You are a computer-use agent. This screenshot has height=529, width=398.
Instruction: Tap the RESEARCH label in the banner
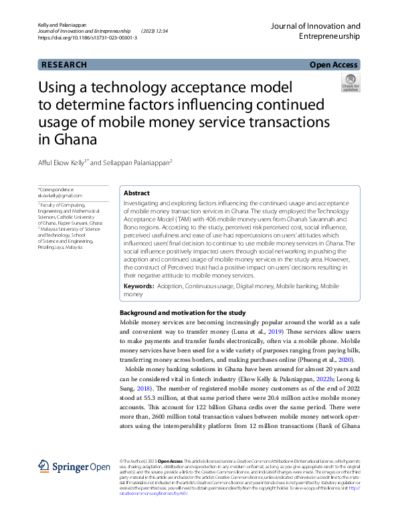point(64,65)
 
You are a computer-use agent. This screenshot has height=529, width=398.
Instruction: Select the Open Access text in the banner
point(334,65)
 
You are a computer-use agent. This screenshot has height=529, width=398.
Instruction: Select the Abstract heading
point(137,193)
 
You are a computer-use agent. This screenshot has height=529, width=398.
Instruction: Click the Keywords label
point(138,286)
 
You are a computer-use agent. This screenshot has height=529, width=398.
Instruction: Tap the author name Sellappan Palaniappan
point(135,163)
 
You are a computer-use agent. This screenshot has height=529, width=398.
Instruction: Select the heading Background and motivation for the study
point(182,313)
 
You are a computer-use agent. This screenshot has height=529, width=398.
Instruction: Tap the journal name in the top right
point(315,32)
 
